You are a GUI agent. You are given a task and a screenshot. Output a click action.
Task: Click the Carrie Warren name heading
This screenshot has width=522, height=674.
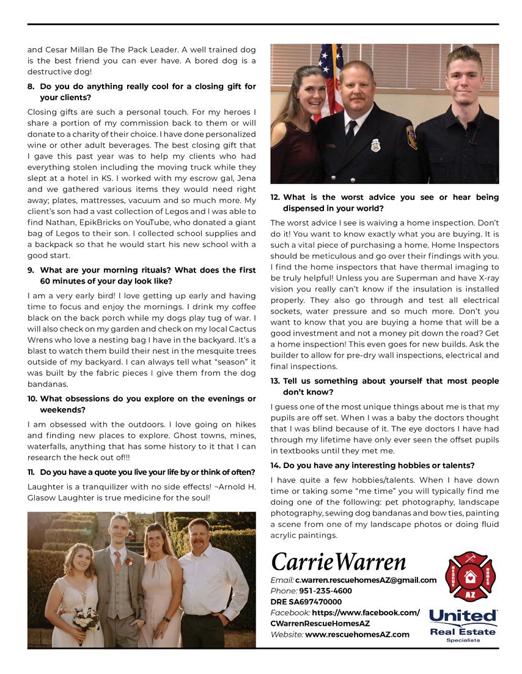coord(338,562)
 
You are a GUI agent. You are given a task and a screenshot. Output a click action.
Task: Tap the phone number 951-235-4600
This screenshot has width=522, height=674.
coord(325,591)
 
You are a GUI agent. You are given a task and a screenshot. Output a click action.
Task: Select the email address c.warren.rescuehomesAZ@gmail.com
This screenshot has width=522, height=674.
coord(366,580)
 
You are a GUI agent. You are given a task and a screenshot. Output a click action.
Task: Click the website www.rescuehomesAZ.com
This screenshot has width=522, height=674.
coord(357,634)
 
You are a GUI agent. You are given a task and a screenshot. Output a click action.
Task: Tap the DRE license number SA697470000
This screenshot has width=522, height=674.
coord(306,602)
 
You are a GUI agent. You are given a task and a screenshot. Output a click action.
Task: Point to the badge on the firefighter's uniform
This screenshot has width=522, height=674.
coord(375,145)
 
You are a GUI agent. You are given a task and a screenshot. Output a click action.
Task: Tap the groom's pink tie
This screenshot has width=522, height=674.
coord(117,561)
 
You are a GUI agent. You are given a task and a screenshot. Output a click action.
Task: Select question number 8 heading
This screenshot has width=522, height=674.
coord(142,92)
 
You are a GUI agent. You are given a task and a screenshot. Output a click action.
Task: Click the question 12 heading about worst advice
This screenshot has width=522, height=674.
coord(384,203)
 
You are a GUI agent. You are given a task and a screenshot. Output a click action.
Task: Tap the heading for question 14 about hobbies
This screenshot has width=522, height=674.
coord(372,466)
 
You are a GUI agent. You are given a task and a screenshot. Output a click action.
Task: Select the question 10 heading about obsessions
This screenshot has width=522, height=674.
coord(142,404)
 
